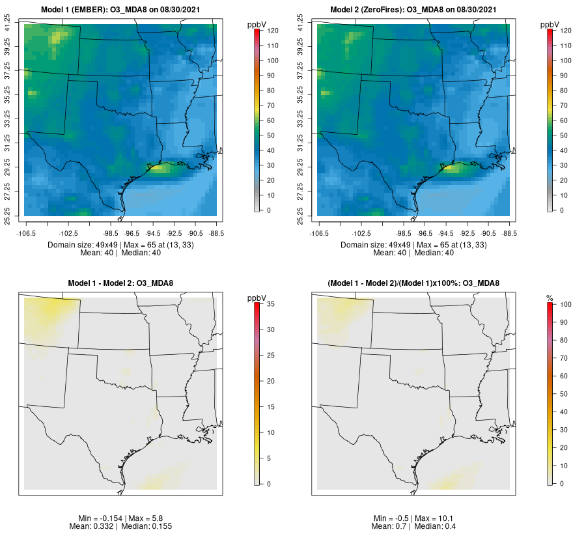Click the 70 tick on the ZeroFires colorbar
566,105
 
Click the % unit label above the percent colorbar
550,298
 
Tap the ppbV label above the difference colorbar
257,298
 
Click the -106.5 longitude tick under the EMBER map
25,232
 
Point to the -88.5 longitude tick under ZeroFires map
509,232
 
